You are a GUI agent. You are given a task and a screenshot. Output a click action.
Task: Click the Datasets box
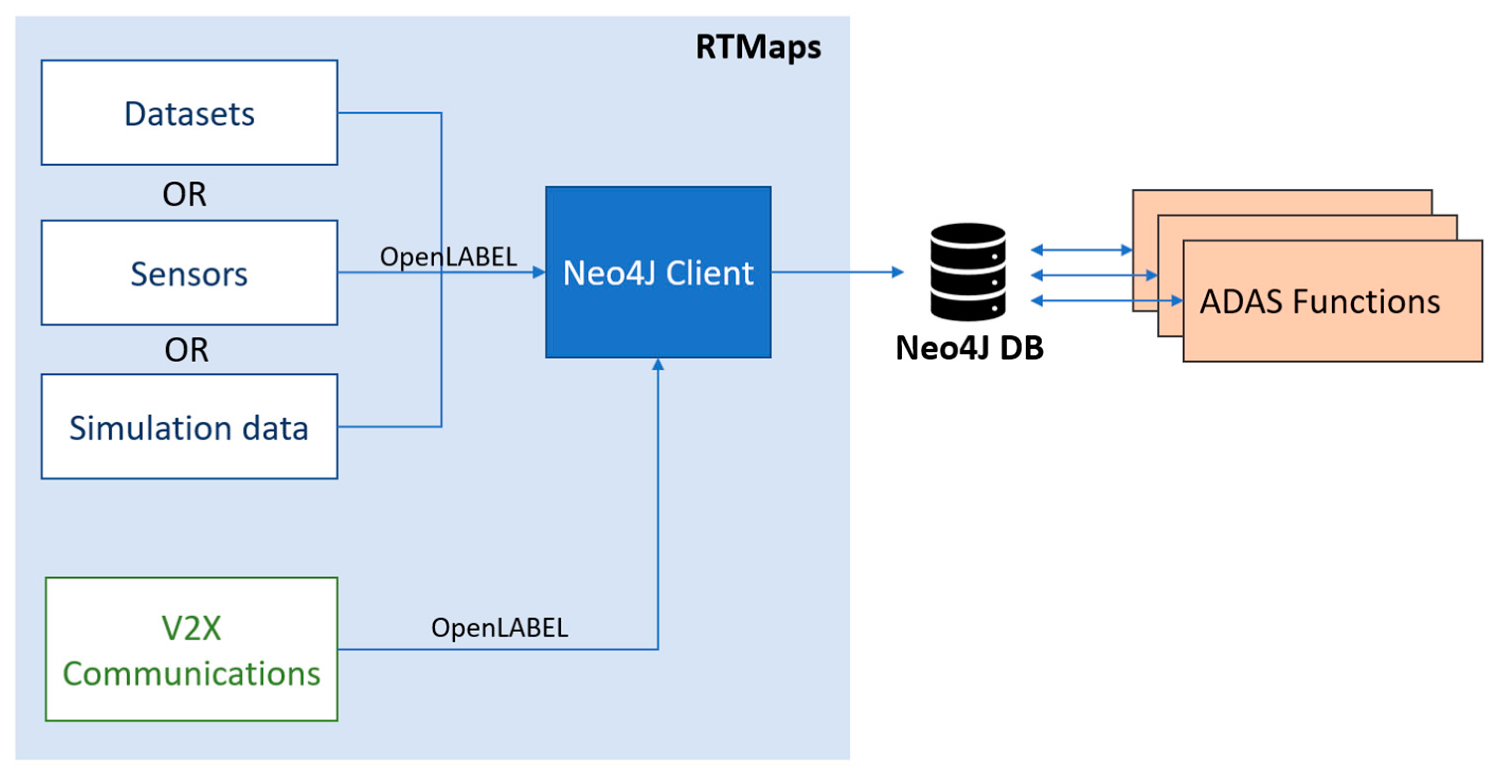[189, 112]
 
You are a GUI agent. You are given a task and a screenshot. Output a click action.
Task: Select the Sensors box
[189, 272]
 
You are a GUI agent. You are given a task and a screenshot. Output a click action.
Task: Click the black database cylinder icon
[968, 272]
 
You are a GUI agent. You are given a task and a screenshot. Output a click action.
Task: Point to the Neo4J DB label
[970, 348]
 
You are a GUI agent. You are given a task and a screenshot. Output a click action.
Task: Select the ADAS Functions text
[1320, 302]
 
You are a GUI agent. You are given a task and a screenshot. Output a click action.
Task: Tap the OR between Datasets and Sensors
[184, 194]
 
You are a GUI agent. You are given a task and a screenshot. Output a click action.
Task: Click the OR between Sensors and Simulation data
[186, 350]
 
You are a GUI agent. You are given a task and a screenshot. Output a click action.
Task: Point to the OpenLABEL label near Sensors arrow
[448, 256]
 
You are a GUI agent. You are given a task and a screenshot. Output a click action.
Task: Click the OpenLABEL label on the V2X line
[499, 627]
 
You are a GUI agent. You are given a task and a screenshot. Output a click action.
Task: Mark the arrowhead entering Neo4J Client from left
[539, 272]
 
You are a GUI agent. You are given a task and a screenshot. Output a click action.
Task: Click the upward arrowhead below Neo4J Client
[658, 364]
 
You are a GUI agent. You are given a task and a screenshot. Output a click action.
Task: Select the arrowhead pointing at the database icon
[898, 272]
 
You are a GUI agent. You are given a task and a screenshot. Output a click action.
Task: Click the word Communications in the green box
[191, 673]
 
